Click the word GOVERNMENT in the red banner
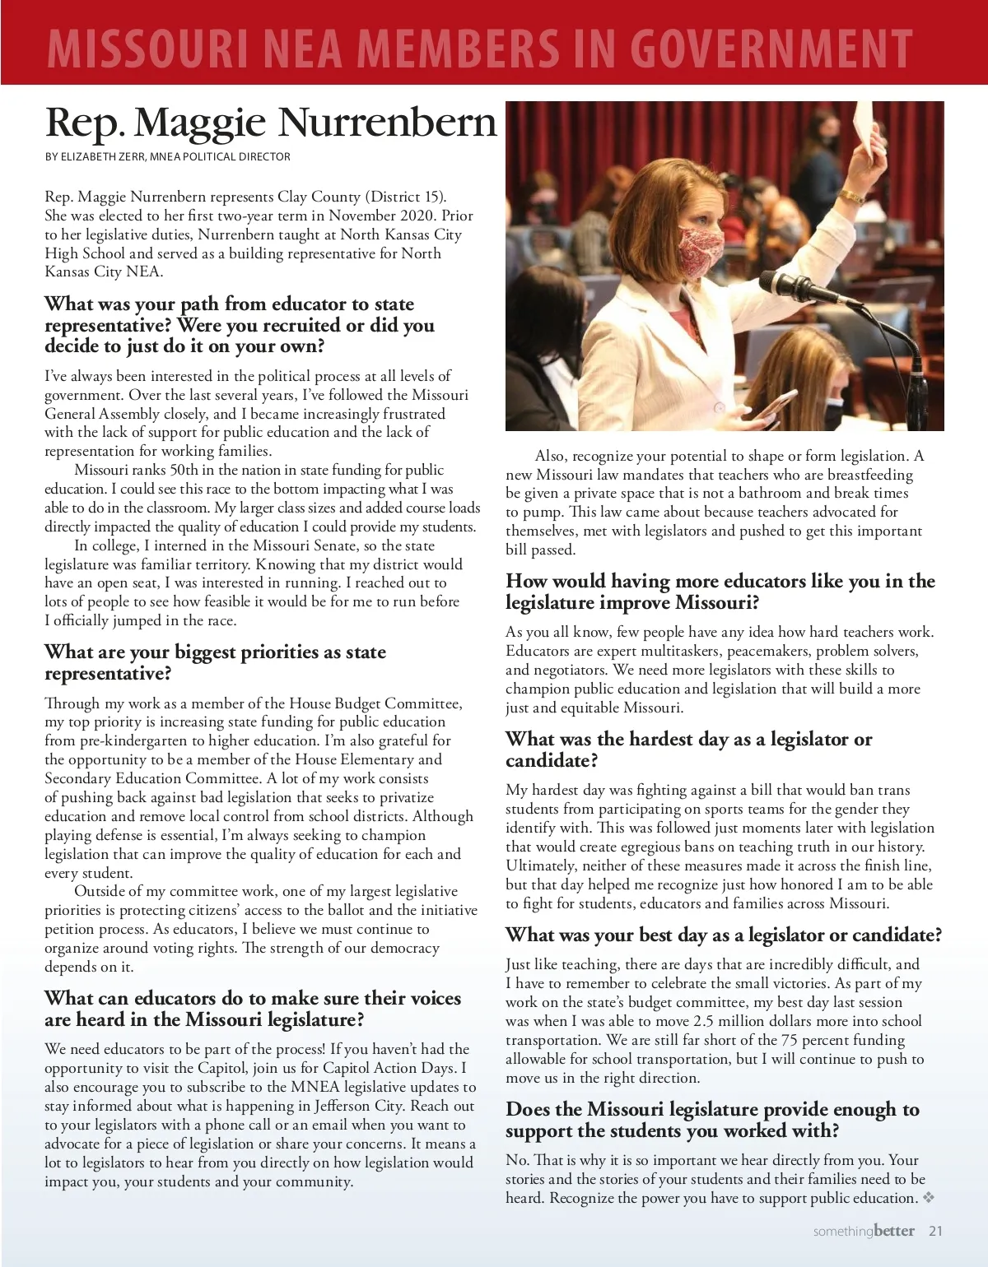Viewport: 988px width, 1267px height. [x=771, y=48]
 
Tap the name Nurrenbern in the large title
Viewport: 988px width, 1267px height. [x=386, y=123]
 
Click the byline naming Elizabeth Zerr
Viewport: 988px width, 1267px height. [x=167, y=156]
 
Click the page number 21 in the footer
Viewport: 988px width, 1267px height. [x=935, y=1232]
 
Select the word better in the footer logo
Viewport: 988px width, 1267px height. [x=894, y=1231]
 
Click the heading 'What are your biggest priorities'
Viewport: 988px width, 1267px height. [x=215, y=662]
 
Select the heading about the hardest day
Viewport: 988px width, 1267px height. [x=688, y=749]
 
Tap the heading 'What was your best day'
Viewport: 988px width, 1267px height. [x=723, y=935]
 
